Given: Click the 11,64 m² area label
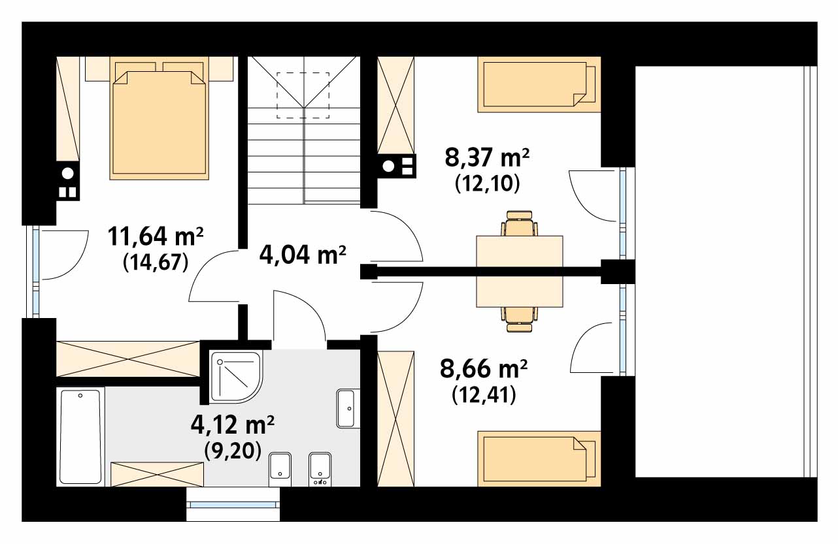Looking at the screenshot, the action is [x=156, y=236].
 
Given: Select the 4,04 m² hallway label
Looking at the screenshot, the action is [x=302, y=255].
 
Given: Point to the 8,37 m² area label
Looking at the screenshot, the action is [x=487, y=157].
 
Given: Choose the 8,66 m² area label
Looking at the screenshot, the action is [x=483, y=368].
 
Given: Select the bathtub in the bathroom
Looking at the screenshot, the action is [x=80, y=437].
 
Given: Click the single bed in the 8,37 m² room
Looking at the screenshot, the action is [x=539, y=84].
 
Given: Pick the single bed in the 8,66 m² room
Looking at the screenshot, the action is [x=539, y=458].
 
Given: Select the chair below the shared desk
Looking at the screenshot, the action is [x=519, y=319].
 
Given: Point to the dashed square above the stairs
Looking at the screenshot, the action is [x=303, y=95].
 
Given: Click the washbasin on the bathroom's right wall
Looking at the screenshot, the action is [x=348, y=408].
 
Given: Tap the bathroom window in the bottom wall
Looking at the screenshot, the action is [x=233, y=504].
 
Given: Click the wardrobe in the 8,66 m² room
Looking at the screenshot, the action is [x=396, y=419].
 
